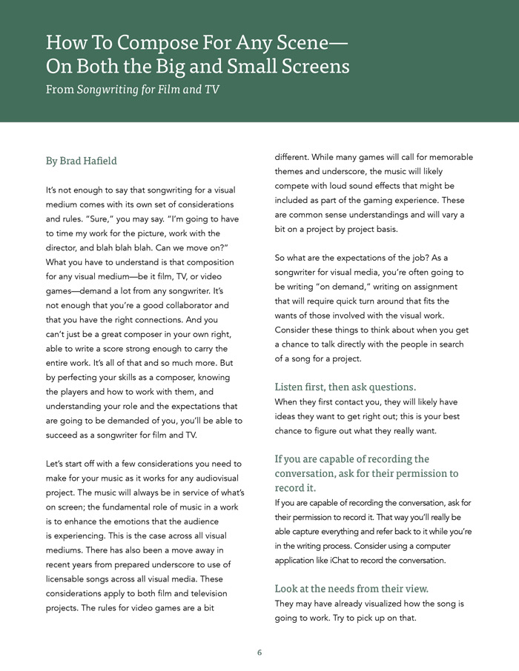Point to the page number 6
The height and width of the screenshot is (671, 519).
pyautogui.click(x=259, y=652)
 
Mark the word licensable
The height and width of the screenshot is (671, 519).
pyautogui.click(x=73, y=580)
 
